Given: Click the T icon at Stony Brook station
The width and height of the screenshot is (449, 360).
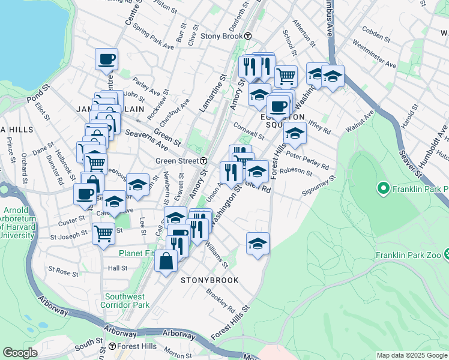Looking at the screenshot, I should (247, 35).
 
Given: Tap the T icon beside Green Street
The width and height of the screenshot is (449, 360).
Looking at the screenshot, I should (204, 161).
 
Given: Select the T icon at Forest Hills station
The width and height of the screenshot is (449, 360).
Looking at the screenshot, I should (112, 346).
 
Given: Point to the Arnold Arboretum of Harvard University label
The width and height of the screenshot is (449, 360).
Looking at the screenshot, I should (18, 222).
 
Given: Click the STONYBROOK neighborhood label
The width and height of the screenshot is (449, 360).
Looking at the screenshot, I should (209, 280).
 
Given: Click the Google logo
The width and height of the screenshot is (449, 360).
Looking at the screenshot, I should (20, 353).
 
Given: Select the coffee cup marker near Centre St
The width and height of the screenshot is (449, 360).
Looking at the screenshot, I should (106, 59).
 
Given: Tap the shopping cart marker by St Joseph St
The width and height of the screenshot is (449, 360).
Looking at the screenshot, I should (103, 233).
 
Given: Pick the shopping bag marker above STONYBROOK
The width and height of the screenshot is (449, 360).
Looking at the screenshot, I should (166, 260).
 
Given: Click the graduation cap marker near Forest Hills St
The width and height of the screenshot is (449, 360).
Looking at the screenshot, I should (258, 243).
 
